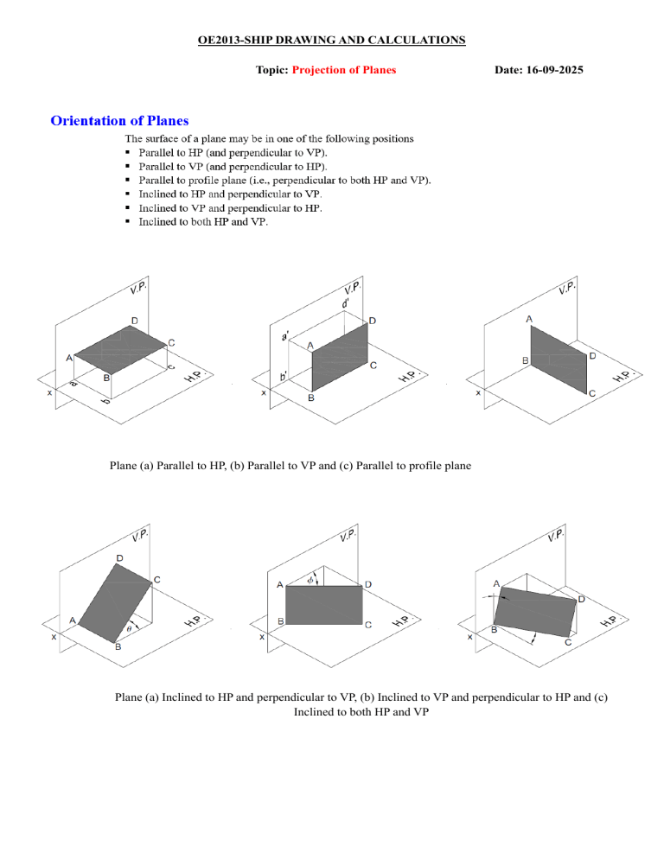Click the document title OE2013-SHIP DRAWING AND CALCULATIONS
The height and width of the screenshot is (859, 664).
click(x=331, y=40)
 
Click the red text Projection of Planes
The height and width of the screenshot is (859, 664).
click(x=344, y=69)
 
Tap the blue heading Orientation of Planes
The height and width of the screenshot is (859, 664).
click(x=119, y=120)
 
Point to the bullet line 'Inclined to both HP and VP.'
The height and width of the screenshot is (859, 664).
click(x=203, y=222)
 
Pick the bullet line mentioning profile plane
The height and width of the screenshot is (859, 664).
click(x=284, y=180)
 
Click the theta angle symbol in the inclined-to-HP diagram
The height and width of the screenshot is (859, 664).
click(x=130, y=628)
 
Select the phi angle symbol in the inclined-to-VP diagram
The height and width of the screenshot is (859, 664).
click(x=310, y=580)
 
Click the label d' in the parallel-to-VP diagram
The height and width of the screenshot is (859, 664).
click(x=345, y=303)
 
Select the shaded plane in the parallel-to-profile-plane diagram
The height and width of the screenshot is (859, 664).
click(x=559, y=357)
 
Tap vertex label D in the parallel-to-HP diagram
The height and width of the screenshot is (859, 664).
click(x=134, y=321)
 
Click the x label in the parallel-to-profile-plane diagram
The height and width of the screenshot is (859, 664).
click(x=478, y=392)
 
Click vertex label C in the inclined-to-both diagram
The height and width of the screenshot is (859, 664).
click(x=568, y=643)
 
